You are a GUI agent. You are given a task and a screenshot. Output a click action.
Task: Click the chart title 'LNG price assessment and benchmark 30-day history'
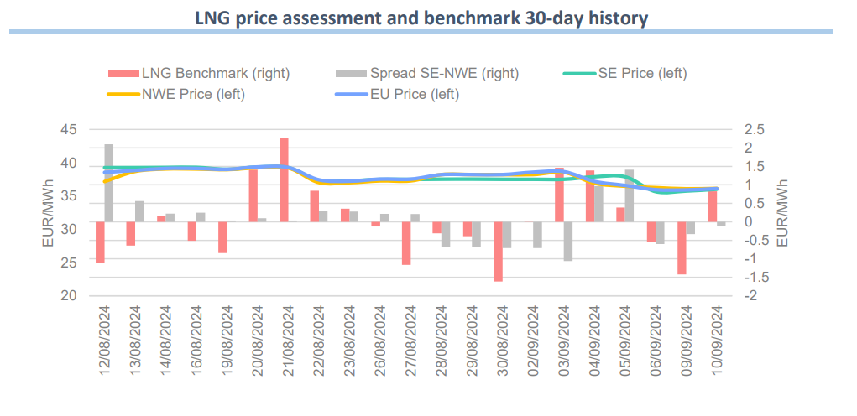coord(421,18)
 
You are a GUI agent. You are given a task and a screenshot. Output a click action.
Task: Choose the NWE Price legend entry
coord(193,94)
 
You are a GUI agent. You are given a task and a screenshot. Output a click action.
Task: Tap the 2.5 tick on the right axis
coord(754,130)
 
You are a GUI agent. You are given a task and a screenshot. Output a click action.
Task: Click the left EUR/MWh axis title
coord(48,213)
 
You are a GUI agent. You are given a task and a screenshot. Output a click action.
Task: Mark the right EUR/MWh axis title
coord(782,213)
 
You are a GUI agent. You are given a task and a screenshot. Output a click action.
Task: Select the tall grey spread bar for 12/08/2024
coord(109,183)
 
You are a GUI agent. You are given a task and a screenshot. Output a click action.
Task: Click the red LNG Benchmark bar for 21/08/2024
coord(284,179)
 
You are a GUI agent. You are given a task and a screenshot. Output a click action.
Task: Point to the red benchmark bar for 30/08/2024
coord(498,252)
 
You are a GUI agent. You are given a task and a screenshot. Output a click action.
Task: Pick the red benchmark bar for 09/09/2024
coord(682,247)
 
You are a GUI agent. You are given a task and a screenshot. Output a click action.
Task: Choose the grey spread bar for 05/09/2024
coord(630,195)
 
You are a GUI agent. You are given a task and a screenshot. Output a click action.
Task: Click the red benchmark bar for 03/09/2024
coord(559,195)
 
